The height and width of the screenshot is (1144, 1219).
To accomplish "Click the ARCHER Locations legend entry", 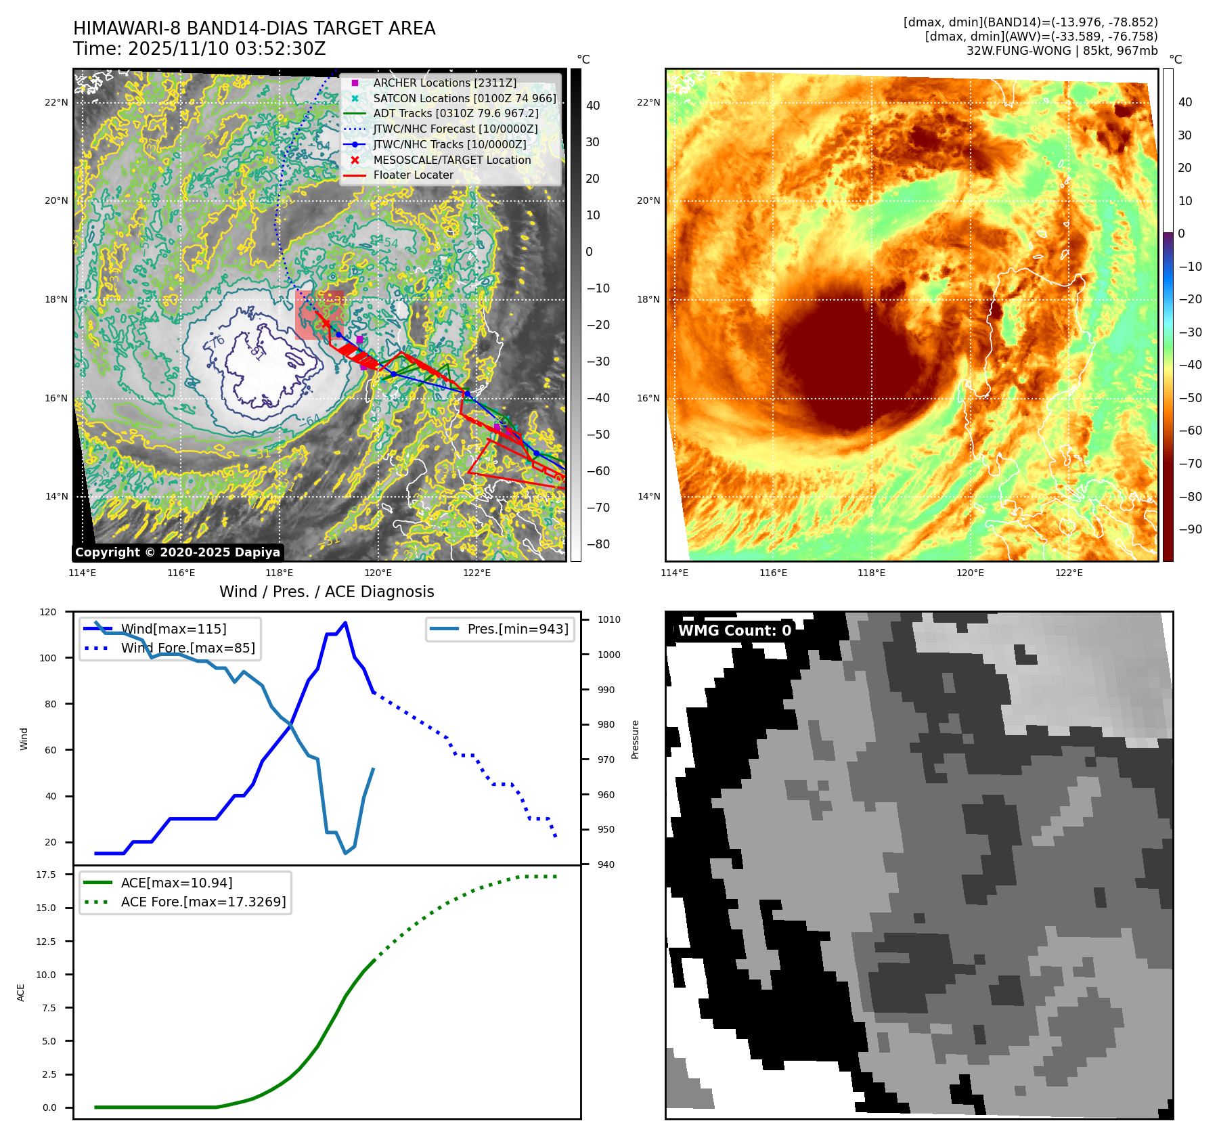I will click(x=444, y=83).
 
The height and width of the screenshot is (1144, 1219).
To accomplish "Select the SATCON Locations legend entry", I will click(x=464, y=98).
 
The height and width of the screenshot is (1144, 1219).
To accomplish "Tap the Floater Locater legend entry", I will click(x=413, y=175).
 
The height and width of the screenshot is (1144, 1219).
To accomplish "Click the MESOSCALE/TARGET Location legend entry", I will click(x=451, y=160).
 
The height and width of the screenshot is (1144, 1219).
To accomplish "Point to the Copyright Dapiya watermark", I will click(x=177, y=552).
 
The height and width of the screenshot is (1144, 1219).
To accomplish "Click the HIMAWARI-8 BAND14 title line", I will click(x=254, y=28).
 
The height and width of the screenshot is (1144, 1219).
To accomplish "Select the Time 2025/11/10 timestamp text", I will click(x=200, y=49).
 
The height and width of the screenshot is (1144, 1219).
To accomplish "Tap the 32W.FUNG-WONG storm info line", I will click(x=1061, y=51).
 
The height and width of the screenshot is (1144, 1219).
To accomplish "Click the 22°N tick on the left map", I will click(x=57, y=103).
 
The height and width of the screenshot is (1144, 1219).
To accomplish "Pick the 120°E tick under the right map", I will click(x=970, y=573).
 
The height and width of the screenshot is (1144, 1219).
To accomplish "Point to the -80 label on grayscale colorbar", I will click(x=598, y=544).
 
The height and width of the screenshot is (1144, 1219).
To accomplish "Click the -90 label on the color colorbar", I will click(x=1190, y=529).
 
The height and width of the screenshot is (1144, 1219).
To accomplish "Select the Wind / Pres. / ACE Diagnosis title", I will click(x=327, y=592).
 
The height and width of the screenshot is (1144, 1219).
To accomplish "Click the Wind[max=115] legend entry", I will click(x=173, y=629).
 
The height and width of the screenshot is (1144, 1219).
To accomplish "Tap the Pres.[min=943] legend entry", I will click(x=517, y=629).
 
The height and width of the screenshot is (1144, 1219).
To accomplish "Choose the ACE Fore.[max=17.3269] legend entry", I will click(x=203, y=902).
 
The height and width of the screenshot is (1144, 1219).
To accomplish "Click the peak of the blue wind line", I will click(x=345, y=623).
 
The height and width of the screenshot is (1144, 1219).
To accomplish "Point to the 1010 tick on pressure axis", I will click(x=608, y=619).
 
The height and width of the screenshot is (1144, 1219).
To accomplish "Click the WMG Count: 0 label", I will click(x=734, y=631).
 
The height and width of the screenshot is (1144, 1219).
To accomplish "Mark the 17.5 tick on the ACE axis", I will click(x=46, y=875).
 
